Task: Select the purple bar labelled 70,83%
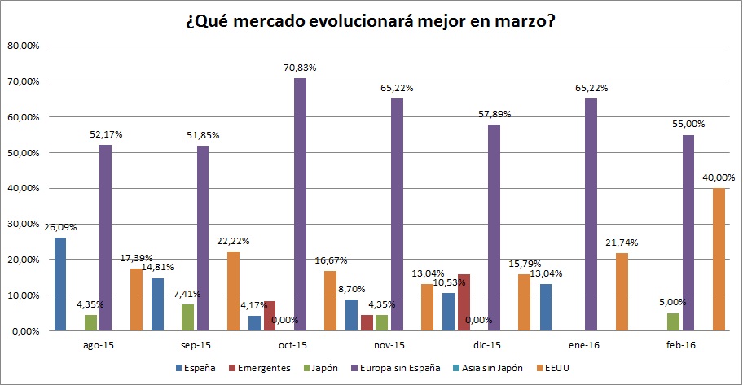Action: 300,204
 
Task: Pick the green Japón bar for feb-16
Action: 672,322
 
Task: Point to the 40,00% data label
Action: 719,178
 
